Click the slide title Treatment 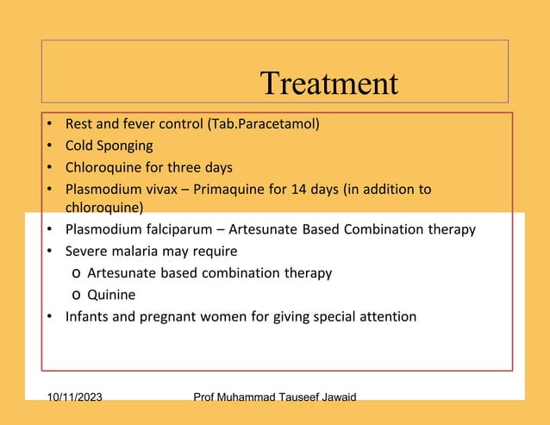(328, 84)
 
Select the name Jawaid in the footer (335, 397)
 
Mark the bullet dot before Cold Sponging (51, 146)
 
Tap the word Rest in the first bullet (79, 124)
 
